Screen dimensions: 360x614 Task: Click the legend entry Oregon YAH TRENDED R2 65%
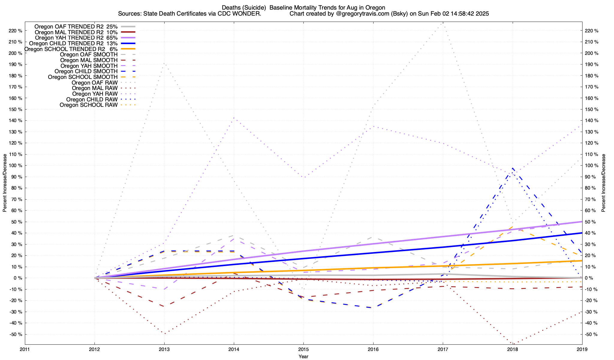pos(76,38)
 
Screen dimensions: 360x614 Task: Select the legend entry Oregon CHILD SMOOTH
pos(86,71)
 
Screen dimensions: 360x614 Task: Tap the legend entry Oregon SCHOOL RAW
pos(88,105)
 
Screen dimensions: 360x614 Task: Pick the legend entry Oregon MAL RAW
pos(95,88)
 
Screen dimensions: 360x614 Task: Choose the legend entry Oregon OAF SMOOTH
pos(89,55)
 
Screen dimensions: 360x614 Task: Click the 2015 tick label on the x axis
pos(303,349)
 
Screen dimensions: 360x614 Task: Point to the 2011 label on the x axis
pos(25,349)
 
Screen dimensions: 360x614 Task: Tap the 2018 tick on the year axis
pos(512,349)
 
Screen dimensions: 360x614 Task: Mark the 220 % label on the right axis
pos(591,31)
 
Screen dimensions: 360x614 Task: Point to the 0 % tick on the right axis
pos(589,278)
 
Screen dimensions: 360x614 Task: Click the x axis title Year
pos(303,356)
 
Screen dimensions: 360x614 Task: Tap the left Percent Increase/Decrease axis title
pos(5,183)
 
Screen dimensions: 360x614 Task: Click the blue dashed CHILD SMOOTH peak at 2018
pos(513,168)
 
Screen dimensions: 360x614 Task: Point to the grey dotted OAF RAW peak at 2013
pos(164,63)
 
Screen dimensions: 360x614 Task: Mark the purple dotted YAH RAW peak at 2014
pos(234,118)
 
